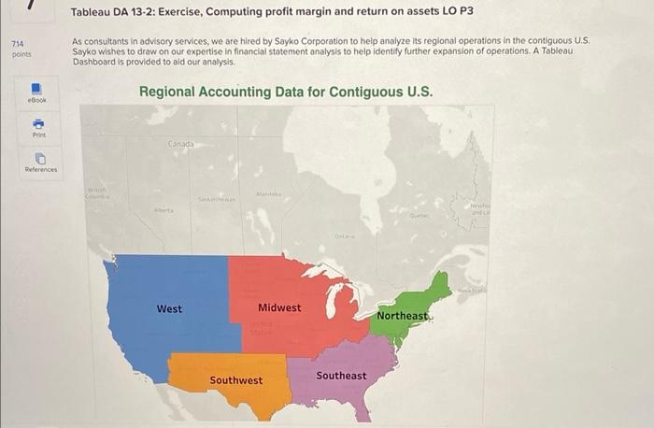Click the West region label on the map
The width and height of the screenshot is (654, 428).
coord(169,308)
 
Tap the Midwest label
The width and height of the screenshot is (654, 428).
coord(279,307)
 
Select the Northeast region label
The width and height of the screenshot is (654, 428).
coord(402,316)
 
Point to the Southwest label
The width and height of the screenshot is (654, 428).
coord(235,380)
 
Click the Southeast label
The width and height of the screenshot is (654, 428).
coord(341,376)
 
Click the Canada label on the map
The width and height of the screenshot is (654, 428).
coord(181,144)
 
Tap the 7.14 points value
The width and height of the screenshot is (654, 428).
coord(18,44)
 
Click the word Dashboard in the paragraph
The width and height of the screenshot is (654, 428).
coord(97,61)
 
